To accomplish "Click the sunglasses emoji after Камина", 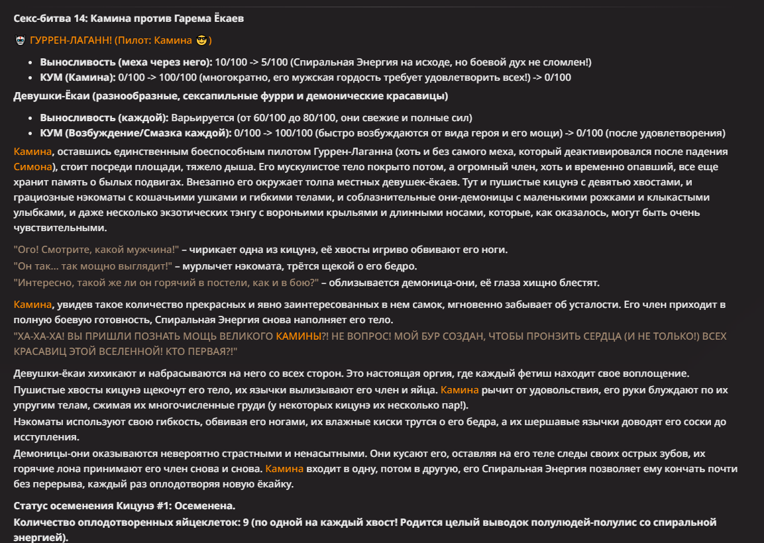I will coord(201,40).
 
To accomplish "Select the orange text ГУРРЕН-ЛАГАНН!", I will coord(71,40).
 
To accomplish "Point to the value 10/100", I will coord(234,62).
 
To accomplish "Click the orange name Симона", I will coord(32,166).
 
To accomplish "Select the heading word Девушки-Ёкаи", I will coord(52,96).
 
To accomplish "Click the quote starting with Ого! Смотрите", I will coord(97,249).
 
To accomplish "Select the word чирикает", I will coord(213,249).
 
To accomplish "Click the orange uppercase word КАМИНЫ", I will coord(298,336).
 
